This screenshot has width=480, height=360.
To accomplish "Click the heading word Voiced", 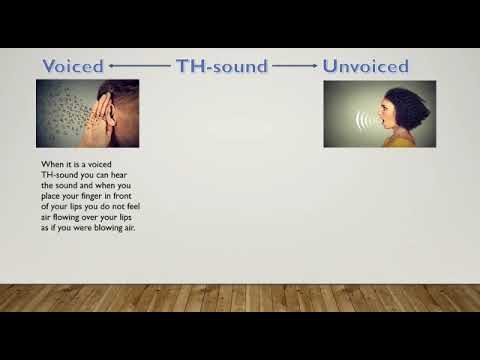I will [x=72, y=67].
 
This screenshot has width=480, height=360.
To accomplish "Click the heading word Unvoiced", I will [x=365, y=67].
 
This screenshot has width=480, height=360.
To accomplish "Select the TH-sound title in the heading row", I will [x=222, y=67].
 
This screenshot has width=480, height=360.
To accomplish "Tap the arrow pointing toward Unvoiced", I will [x=295, y=67].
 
